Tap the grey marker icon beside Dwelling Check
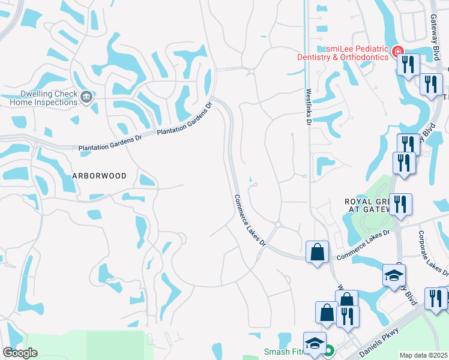(86, 97)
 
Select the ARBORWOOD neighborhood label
(99, 176)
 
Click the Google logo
(19, 353)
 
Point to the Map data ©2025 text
(423, 355)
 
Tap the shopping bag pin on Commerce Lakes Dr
(316, 251)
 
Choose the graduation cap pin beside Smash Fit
(313, 343)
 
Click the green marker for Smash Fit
(329, 352)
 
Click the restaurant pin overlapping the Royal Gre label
(400, 204)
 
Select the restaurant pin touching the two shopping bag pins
(348, 316)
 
